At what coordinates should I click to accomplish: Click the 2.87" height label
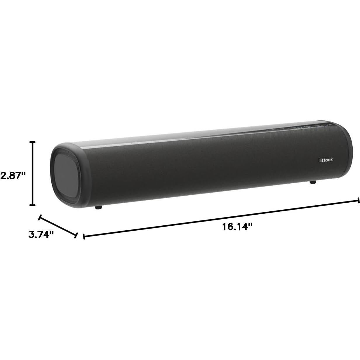13,175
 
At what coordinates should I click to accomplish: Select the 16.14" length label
237,227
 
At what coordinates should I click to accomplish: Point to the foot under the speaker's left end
98,207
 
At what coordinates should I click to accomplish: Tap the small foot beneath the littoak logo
313,182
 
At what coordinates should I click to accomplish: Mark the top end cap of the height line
33,142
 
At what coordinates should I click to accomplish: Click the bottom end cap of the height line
33,206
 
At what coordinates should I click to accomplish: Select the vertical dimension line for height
33,174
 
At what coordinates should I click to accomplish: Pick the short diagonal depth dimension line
58,226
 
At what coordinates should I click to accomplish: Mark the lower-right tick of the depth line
76,235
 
